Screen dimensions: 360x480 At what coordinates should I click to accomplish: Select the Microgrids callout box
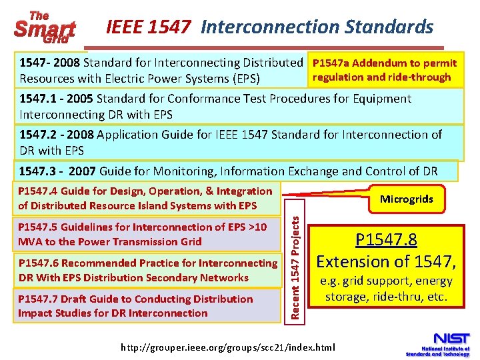406,199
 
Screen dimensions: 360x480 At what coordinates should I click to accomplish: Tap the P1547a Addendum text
385,63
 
